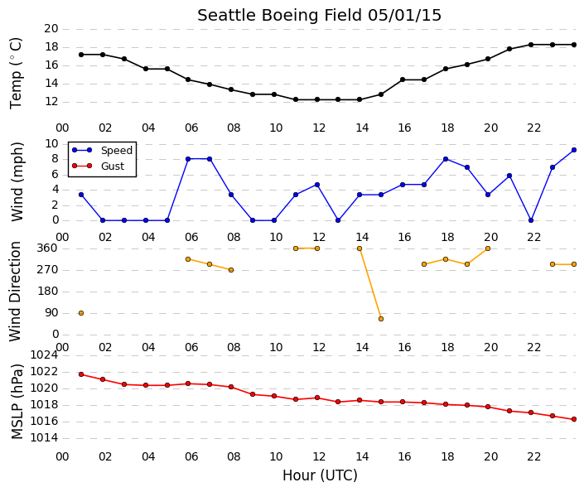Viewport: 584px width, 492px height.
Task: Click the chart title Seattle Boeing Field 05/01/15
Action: [319, 15]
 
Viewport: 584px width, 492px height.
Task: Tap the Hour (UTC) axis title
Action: [320, 475]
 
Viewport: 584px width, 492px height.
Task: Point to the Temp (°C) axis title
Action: [16, 74]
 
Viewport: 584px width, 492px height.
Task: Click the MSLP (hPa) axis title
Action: [17, 402]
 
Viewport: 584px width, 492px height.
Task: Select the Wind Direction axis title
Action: [15, 292]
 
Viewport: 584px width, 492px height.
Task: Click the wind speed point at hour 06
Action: [188, 159]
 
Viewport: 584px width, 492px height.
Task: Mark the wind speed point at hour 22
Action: [531, 220]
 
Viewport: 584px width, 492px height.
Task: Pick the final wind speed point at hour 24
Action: [574, 150]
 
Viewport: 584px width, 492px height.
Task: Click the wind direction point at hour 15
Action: [381, 319]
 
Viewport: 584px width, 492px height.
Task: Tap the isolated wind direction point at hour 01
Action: [81, 313]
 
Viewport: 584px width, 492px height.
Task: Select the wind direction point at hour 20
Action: [488, 248]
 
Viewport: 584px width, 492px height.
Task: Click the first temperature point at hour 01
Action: [81, 55]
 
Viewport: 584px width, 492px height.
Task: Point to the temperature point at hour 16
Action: [403, 80]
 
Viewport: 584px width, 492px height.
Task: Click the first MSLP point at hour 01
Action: [81, 374]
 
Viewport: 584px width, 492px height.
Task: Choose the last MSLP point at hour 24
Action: [574, 419]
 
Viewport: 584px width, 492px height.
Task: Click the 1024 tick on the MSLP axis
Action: [45, 355]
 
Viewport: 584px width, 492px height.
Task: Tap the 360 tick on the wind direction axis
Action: [48, 248]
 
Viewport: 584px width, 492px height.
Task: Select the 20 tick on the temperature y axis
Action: [51, 29]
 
